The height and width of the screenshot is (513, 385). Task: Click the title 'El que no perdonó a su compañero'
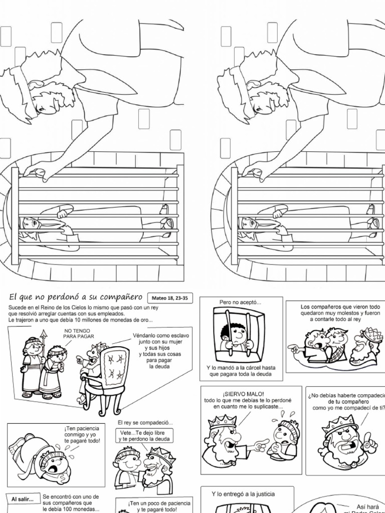tap(75, 297)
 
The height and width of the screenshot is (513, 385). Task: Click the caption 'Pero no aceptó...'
tap(240, 302)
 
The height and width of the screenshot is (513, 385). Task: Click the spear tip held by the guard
tap(44, 332)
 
